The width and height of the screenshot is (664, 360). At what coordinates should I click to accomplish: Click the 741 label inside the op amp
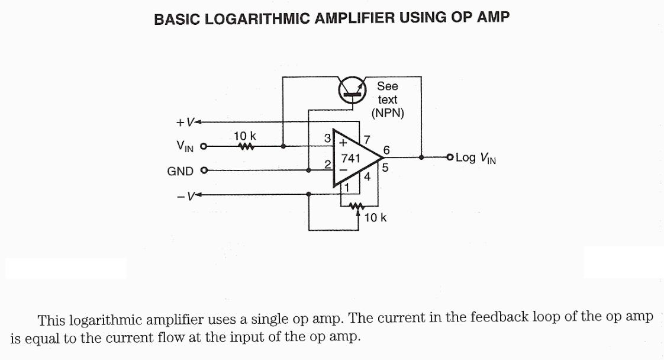[350, 158]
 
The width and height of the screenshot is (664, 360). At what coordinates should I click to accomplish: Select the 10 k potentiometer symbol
[356, 207]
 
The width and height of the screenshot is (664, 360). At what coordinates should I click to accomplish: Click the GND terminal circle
[205, 171]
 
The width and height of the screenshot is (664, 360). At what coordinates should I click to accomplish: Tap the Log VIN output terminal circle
[450, 157]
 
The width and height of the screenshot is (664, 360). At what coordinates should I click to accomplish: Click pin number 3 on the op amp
[328, 138]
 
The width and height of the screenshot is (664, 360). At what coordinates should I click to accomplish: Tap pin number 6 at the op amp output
[386, 150]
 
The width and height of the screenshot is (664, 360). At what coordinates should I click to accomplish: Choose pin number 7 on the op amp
[367, 140]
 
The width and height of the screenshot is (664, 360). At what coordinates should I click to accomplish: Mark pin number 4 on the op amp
[367, 176]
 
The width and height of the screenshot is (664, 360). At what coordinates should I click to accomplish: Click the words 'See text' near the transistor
[388, 93]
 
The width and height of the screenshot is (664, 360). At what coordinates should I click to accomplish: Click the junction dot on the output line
[421, 157]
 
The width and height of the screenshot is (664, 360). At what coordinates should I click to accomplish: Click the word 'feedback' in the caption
[495, 317]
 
